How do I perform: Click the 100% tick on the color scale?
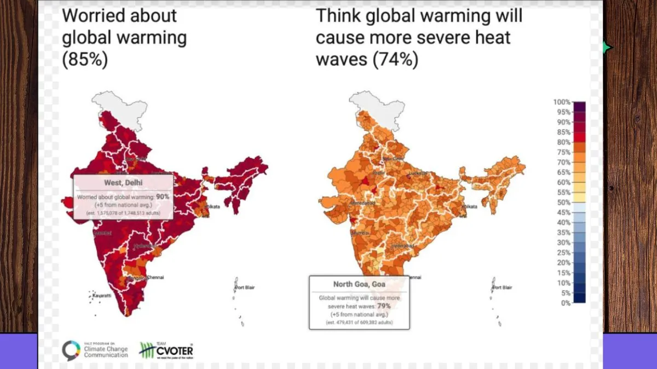(x=562, y=102)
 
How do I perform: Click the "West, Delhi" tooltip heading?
(x=123, y=182)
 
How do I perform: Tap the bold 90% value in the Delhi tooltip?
(x=163, y=196)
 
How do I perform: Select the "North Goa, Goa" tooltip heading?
(x=359, y=284)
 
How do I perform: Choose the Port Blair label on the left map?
(x=245, y=288)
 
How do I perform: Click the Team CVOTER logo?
(x=166, y=349)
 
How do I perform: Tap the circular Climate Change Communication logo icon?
(x=71, y=350)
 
